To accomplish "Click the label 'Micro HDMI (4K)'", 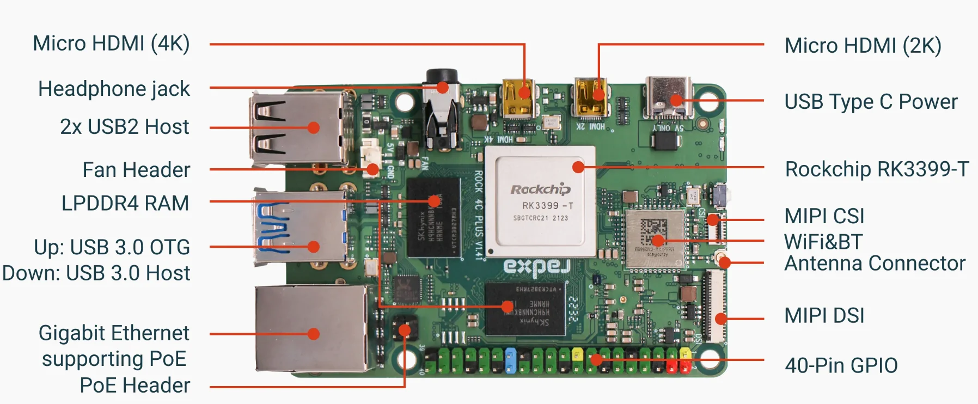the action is [111, 44].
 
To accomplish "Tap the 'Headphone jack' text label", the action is [114, 89].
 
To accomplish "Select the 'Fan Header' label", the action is [136, 170].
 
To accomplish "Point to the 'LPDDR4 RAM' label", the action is [125, 203].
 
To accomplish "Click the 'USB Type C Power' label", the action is [871, 102].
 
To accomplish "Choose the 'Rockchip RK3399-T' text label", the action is [877, 169].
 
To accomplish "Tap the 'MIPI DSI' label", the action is [824, 316].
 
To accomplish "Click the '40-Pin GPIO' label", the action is [841, 365].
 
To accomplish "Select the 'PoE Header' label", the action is [135, 385].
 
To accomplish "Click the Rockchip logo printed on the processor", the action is [540, 189].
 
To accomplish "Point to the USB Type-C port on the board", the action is [668, 97].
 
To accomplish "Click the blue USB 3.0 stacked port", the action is [299, 228].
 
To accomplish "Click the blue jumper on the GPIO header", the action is [511, 360].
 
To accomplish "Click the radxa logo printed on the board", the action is [536, 266].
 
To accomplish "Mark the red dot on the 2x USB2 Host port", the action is [314, 127].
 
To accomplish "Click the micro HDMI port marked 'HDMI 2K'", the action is [590, 98].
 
